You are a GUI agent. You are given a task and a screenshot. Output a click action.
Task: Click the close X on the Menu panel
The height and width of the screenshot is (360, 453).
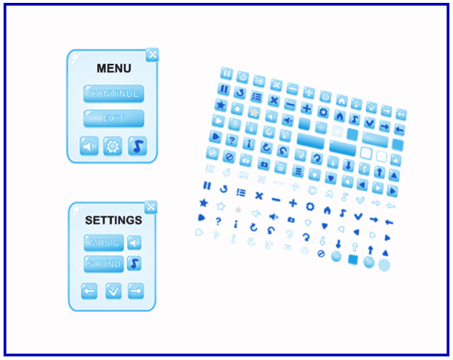152,55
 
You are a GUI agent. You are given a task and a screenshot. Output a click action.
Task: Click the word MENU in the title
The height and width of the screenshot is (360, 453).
114,68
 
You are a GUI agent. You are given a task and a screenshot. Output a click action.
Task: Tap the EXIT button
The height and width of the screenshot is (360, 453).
113,118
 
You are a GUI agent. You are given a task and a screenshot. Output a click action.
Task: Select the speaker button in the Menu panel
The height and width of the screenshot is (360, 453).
89,146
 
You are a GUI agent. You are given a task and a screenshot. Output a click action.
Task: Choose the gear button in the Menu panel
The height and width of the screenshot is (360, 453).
113,146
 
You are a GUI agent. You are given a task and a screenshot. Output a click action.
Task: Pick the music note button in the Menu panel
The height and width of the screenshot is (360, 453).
138,146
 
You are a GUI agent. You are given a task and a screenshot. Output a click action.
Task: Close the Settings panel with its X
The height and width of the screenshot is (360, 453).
151,207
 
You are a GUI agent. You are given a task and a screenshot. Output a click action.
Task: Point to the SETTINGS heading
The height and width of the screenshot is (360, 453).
113,221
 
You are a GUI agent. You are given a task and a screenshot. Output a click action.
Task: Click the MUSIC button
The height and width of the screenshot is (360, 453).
103,242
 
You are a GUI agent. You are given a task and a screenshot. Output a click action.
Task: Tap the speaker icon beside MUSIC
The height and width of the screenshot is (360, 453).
134,242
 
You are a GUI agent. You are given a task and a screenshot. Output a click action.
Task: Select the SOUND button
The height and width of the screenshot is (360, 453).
103,264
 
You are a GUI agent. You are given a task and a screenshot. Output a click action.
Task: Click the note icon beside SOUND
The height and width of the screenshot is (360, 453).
134,263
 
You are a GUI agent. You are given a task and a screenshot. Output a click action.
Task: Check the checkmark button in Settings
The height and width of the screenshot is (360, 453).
113,290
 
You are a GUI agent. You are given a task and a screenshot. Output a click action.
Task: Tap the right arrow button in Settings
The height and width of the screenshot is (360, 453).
136,290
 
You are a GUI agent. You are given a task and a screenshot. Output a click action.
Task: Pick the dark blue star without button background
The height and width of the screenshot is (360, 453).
204,203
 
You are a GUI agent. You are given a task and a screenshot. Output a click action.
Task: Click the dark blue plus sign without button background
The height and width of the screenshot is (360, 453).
293,203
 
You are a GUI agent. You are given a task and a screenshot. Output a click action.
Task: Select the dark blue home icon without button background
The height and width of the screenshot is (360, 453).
327,210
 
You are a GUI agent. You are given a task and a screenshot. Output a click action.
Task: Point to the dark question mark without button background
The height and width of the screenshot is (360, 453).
218,221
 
